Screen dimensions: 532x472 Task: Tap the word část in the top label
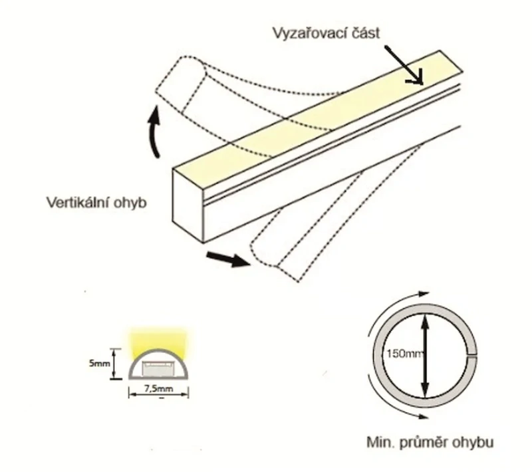click(365, 33)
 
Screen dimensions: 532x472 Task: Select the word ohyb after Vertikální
click(130, 203)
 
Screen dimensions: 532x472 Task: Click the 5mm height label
click(99, 364)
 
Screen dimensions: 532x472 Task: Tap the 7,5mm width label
click(159, 389)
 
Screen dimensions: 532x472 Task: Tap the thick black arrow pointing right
click(228, 259)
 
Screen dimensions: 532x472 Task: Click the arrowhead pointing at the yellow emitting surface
click(417, 77)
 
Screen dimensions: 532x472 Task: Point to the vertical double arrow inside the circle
click(425, 355)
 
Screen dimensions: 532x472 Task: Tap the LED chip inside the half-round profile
click(159, 368)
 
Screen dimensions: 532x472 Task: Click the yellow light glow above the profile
click(158, 340)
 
